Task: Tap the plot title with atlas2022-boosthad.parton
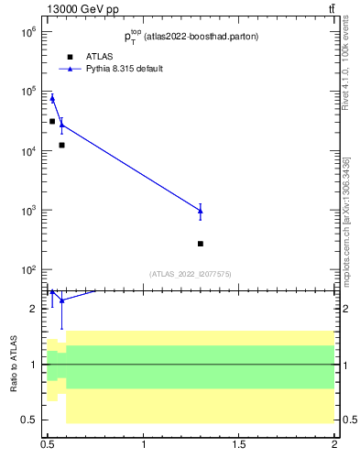(x=191, y=37)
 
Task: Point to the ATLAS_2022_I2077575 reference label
(x=191, y=274)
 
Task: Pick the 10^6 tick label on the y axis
(x=26, y=31)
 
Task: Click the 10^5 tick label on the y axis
(x=26, y=91)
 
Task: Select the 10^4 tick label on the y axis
(x=26, y=151)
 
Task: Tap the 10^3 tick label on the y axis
(x=26, y=211)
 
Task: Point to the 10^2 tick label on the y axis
(x=26, y=270)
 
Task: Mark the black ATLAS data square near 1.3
(x=201, y=244)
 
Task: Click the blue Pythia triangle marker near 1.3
(x=201, y=211)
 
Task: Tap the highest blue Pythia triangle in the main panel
(x=52, y=98)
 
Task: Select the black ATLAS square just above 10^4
(x=61, y=145)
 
